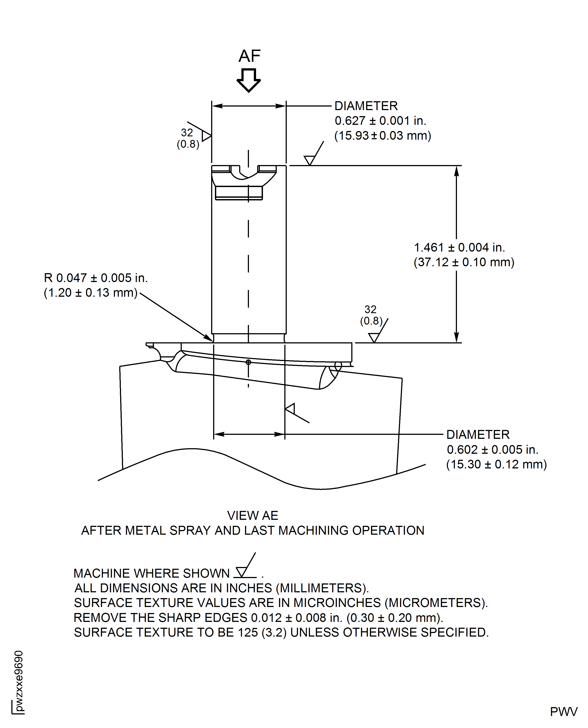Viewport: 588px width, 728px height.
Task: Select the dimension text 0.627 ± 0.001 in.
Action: pyautogui.click(x=380, y=121)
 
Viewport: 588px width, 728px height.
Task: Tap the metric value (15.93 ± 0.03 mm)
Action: pyautogui.click(x=382, y=136)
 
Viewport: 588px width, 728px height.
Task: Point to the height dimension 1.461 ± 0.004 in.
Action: pyautogui.click(x=459, y=248)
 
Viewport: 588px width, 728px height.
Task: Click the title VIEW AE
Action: pyautogui.click(x=252, y=516)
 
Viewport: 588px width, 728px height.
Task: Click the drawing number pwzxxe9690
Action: pyautogui.click(x=19, y=681)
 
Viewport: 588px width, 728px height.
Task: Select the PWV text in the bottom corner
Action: pyautogui.click(x=563, y=712)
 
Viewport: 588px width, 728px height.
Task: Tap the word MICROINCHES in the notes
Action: pyautogui.click(x=337, y=603)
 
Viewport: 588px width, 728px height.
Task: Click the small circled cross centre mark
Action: pyautogui.click(x=248, y=362)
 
